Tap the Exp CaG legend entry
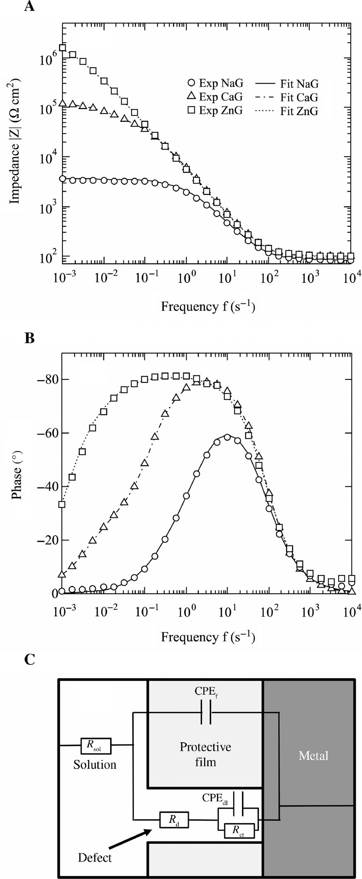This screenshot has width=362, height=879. coord(215,97)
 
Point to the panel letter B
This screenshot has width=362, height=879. coord(29,338)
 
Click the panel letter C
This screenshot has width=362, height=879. coord(30,660)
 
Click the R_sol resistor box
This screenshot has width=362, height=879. coord(96,745)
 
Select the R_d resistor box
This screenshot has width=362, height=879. coord(174,819)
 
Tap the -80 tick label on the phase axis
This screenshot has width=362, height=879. coord(48,379)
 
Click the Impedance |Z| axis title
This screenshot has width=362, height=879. coord(17,141)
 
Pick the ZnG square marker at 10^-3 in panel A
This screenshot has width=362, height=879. coord(63,48)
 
